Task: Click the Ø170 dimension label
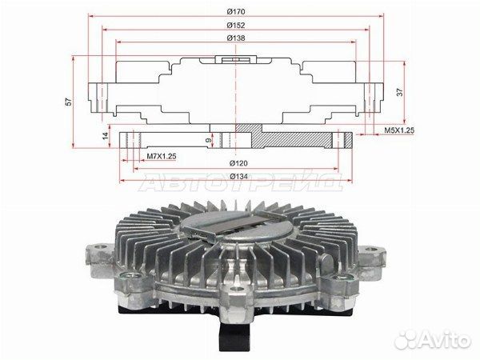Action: pyautogui.click(x=236, y=12)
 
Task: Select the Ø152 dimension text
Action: pyautogui.click(x=236, y=26)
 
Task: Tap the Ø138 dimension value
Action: pyautogui.click(x=236, y=38)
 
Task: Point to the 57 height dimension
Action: pyautogui.click(x=70, y=102)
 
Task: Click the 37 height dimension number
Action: pyautogui.click(x=400, y=92)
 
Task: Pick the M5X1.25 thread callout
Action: pyautogui.click(x=399, y=130)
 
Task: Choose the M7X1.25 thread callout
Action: pyautogui.click(x=162, y=157)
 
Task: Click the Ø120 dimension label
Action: pyautogui.click(x=238, y=163)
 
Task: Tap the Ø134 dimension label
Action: pyautogui.click(x=238, y=177)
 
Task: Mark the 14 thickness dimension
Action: pyautogui.click(x=106, y=136)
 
